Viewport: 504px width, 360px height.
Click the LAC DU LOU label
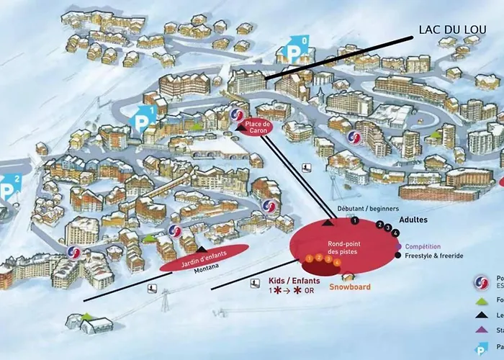point(451,31)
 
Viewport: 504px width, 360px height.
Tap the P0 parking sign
point(297,50)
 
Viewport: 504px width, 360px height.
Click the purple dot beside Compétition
point(398,246)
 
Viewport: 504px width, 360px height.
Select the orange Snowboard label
point(350,287)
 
